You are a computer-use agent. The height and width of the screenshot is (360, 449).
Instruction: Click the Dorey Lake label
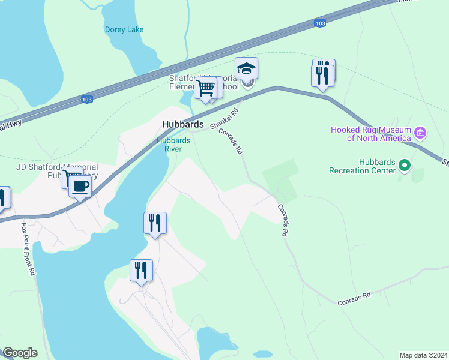[x=124, y=29]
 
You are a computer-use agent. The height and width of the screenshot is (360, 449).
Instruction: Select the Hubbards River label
[x=173, y=145]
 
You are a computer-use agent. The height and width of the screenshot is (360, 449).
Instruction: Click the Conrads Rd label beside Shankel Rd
[x=230, y=140]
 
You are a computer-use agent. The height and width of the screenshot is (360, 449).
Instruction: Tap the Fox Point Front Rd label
[x=28, y=250]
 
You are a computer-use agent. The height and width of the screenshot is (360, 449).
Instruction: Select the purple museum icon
[x=420, y=132]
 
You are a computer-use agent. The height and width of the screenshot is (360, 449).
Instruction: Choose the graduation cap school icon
[x=246, y=69]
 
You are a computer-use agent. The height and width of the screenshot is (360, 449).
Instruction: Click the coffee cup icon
[x=79, y=186]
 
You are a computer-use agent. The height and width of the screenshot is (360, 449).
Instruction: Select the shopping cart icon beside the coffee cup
[x=71, y=178]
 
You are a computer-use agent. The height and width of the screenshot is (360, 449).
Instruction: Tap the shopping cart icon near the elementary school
[x=205, y=88]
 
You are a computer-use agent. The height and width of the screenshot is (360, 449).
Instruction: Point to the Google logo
[x=20, y=353]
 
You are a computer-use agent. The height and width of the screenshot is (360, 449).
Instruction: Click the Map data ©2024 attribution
[x=423, y=355]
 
